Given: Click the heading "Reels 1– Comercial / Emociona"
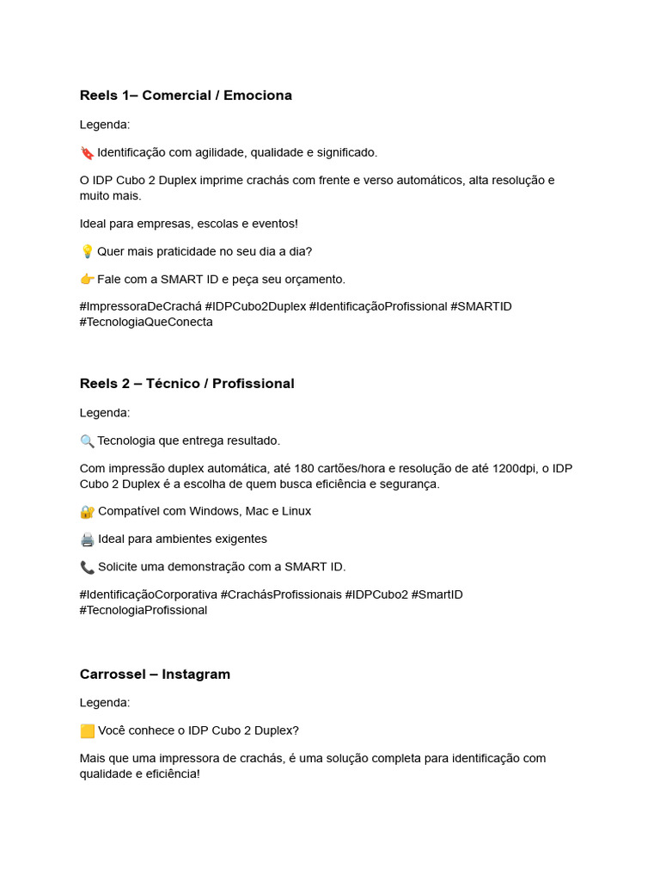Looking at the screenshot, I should [186, 95].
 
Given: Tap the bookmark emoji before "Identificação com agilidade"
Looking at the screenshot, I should [87, 153].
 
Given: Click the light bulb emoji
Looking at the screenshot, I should [87, 252].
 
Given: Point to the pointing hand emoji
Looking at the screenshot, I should [87, 280].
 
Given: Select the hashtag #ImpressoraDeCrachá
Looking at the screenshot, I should [141, 306].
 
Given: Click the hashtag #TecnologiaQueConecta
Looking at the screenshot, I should [146, 322].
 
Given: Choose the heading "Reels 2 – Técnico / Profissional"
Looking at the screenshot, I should [186, 384].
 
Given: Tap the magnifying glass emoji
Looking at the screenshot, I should [87, 441].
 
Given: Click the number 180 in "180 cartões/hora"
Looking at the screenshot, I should [304, 468].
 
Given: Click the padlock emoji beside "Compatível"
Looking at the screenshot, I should [87, 512].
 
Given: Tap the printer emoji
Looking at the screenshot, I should [87, 539].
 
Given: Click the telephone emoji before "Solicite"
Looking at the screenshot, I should [87, 567].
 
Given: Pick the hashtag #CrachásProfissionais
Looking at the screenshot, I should [281, 595].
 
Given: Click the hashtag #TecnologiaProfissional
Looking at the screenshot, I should [144, 610].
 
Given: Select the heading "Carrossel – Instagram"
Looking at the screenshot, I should [155, 675].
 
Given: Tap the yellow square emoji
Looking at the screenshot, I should [87, 731].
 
